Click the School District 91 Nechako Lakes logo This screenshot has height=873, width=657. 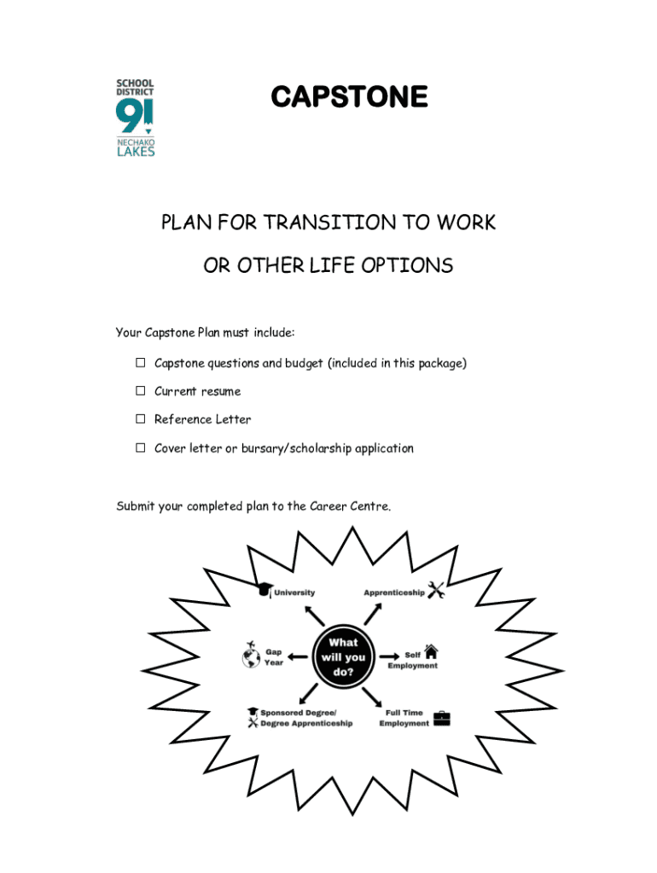135,118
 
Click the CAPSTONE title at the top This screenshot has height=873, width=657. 349,98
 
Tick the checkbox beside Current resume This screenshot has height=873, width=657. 140,391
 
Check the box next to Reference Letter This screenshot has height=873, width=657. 140,419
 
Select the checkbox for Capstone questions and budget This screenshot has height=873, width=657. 140,363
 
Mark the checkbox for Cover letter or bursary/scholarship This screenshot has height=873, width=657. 140,448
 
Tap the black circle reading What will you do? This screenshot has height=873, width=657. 342,656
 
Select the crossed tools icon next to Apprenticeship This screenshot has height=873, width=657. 435,590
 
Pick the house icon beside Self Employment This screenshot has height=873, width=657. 431,652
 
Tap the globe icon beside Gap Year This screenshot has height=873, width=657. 251,657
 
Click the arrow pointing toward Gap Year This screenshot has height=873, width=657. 298,656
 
